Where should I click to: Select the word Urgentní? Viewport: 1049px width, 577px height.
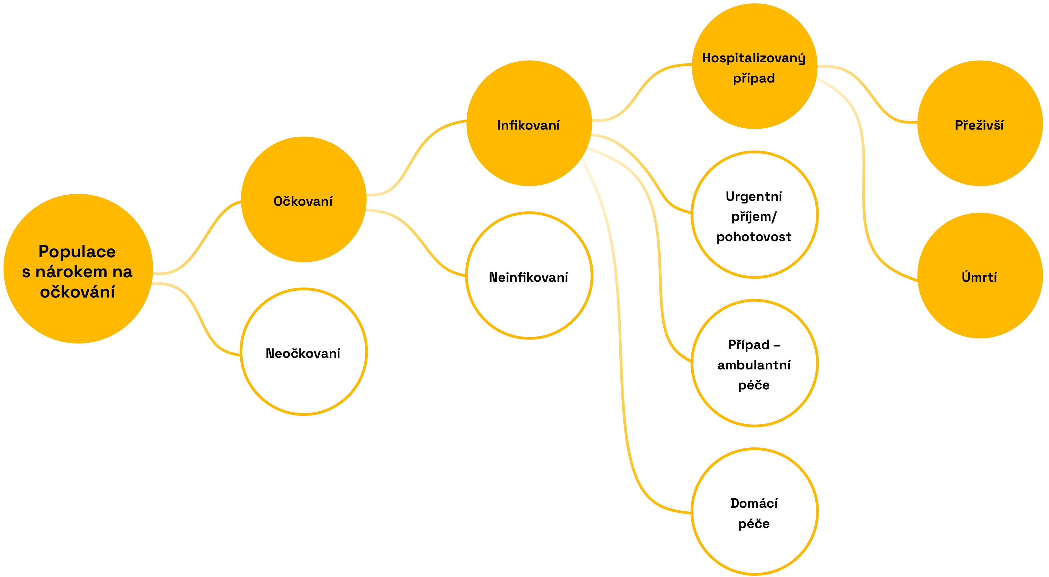tap(754, 197)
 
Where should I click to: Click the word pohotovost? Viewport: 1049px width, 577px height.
tap(754, 237)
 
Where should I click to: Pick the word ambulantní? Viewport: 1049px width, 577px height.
tap(754, 365)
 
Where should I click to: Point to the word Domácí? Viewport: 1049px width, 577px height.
tap(754, 503)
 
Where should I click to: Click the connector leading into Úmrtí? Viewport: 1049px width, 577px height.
tap(863, 183)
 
